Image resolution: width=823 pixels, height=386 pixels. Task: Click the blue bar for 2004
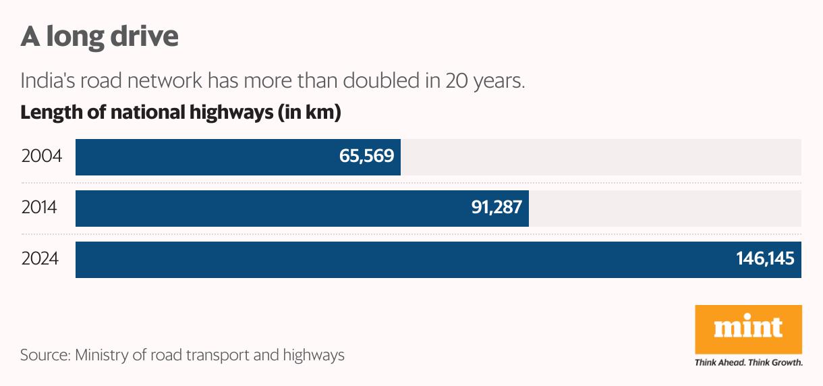[202, 157]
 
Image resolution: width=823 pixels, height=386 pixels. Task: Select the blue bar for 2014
[270, 208]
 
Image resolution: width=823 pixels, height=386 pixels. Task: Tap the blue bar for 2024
[405, 260]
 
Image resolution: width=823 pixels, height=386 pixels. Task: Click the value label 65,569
[367, 157]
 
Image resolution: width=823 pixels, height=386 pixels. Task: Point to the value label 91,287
[496, 208]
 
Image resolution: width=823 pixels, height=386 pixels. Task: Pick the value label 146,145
[765, 260]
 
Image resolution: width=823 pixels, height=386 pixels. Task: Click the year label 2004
[42, 157]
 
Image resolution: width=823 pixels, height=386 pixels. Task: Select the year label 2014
[39, 208]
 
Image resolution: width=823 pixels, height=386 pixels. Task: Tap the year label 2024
[40, 260]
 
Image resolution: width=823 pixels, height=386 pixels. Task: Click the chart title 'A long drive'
[99, 36]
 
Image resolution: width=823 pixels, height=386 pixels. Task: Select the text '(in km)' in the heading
[309, 113]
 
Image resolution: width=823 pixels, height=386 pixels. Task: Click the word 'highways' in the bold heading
[227, 113]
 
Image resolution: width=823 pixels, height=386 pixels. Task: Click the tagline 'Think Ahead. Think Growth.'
[748, 363]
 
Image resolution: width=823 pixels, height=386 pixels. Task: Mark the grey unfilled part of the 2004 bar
[600, 157]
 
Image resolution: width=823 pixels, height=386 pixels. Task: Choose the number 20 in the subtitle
[455, 81]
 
